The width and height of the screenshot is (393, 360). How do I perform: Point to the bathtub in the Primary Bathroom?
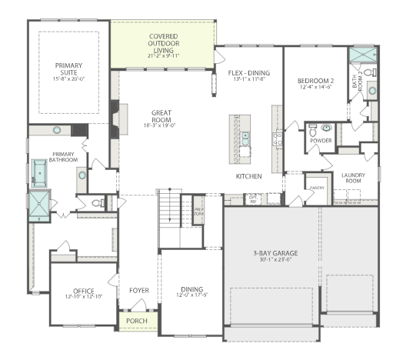38,173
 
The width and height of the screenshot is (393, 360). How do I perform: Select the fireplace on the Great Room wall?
114,119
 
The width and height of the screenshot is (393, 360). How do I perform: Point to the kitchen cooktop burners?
277,139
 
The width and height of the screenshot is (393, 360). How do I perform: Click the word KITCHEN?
249,176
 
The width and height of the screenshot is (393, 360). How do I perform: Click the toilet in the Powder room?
326,129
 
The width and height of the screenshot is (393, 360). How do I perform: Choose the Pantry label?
314,187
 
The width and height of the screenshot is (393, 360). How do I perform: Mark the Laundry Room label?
353,178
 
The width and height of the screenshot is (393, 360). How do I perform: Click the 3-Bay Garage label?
275,253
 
